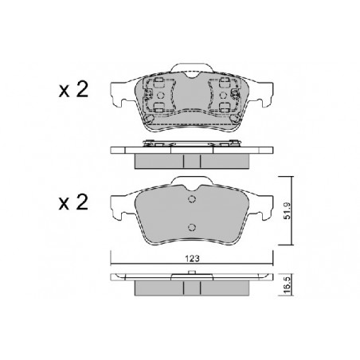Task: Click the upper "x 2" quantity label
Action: (x=73, y=89)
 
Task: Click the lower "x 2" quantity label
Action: (x=73, y=202)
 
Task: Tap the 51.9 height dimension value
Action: (x=288, y=211)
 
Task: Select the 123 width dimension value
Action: (x=192, y=258)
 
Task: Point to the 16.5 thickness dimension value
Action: (x=288, y=284)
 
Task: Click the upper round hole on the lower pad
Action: (x=192, y=199)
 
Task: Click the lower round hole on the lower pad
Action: (x=192, y=227)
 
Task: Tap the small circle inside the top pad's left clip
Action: (x=161, y=95)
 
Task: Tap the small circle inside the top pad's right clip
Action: (x=224, y=95)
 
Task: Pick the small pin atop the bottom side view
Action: (x=192, y=272)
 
